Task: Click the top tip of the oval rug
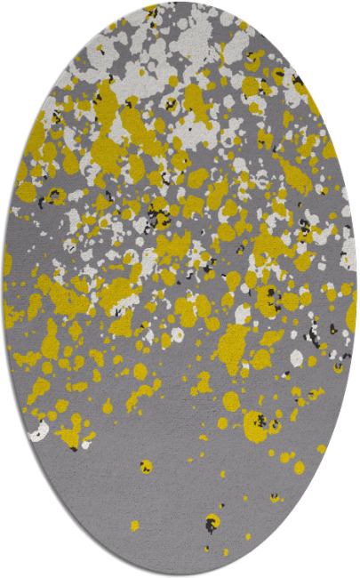pyautogui.click(x=180, y=4)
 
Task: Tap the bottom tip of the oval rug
pyautogui.click(x=180, y=574)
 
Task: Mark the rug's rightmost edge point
pyautogui.click(x=356, y=289)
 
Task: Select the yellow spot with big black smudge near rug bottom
pyautogui.click(x=212, y=522)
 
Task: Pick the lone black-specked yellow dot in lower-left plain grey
pyautogui.click(x=145, y=465)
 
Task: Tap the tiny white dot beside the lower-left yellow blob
pyautogui.click(x=86, y=444)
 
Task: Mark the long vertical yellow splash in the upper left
pyautogui.click(x=105, y=116)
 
